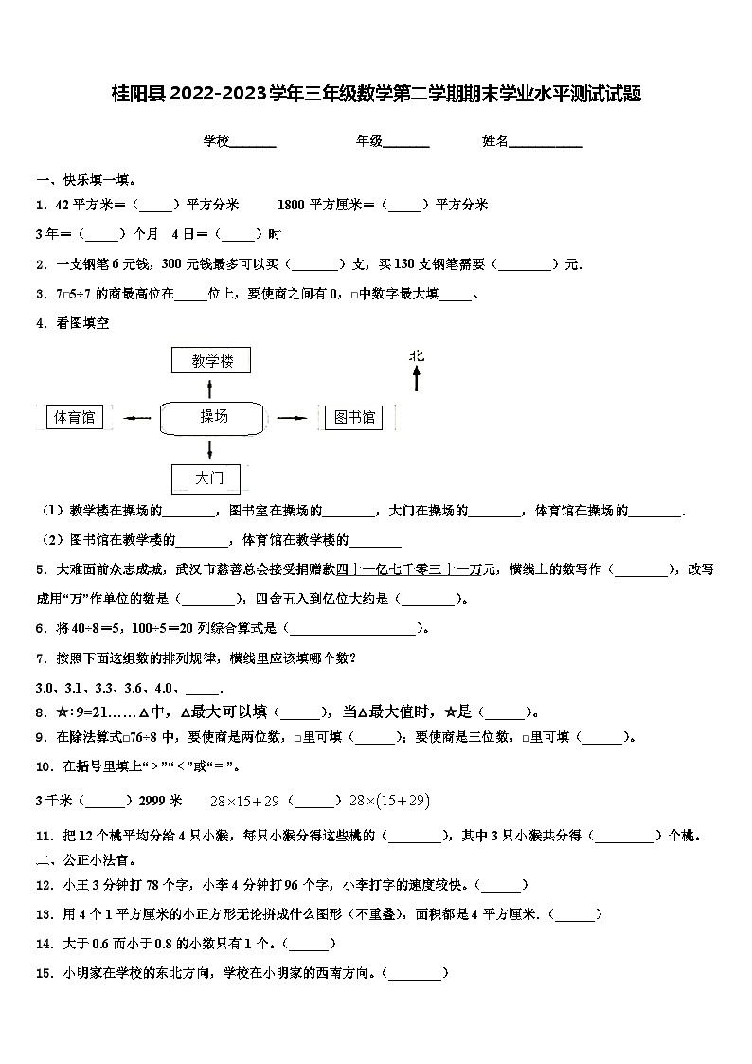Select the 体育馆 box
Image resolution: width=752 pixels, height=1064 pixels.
pyautogui.click(x=75, y=417)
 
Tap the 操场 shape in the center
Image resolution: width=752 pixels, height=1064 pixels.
pyautogui.click(x=213, y=417)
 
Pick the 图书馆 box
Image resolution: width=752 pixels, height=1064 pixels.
pyautogui.click(x=349, y=417)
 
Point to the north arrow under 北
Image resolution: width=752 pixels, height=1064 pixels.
pyautogui.click(x=416, y=379)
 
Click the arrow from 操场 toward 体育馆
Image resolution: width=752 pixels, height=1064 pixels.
pyautogui.click(x=137, y=417)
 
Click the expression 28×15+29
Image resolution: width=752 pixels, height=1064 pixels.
pyautogui.click(x=244, y=802)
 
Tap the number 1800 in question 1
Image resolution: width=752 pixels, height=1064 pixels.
pyautogui.click(x=292, y=205)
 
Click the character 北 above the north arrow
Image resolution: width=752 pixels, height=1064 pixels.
pyautogui.click(x=417, y=355)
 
